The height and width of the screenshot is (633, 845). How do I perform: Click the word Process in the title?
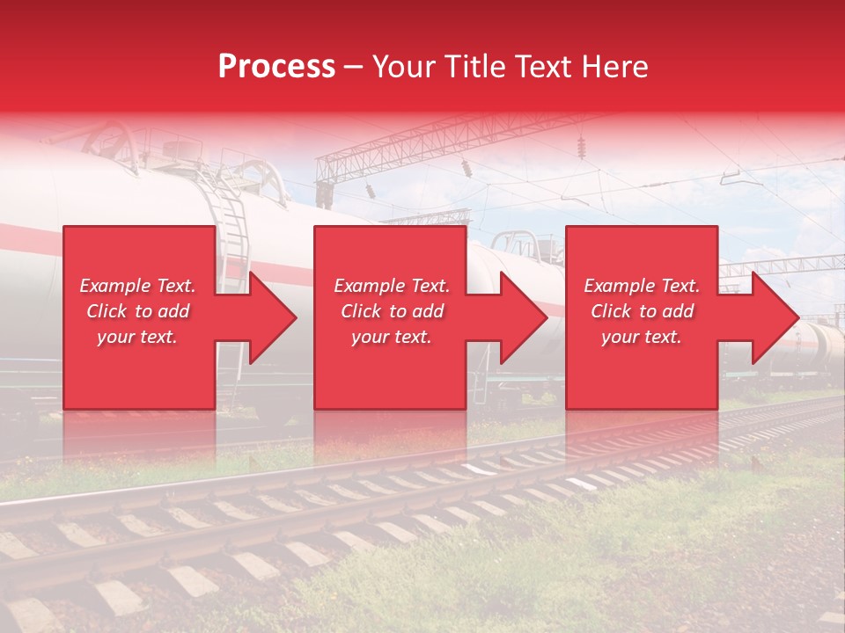(276, 67)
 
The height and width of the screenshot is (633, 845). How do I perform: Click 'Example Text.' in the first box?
(138, 286)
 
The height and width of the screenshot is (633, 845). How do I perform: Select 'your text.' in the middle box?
(391, 337)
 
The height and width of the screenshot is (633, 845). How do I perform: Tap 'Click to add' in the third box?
(642, 311)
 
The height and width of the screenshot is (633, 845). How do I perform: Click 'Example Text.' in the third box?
(642, 286)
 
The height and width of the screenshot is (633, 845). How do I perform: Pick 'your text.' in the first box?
(138, 337)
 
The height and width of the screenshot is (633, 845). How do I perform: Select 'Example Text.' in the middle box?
(391, 286)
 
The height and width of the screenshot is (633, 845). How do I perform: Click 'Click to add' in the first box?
(138, 311)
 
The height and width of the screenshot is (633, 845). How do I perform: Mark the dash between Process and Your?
(353, 67)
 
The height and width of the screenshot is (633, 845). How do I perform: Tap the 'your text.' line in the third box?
(642, 337)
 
